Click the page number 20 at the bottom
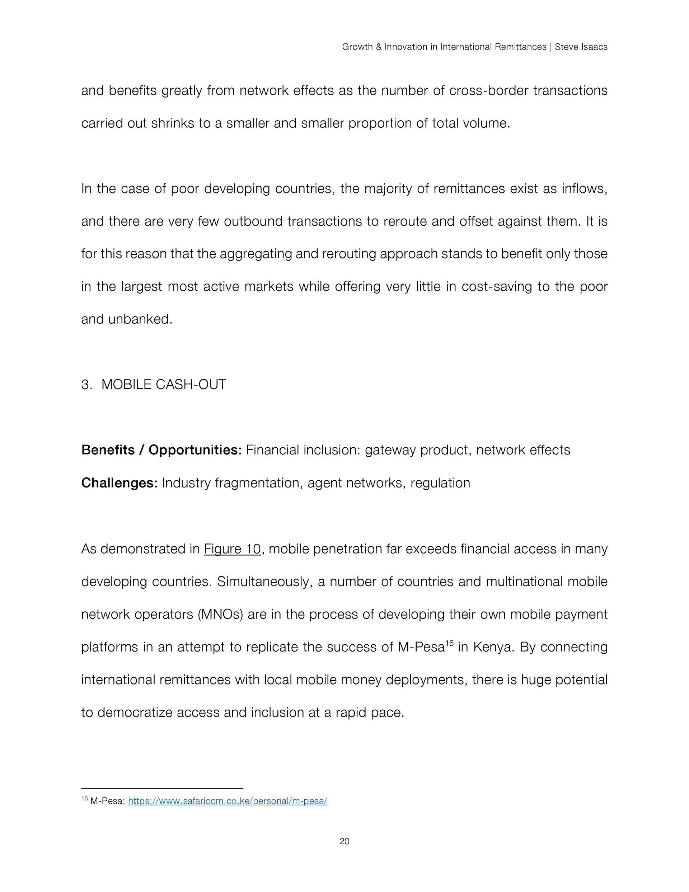pos(344,841)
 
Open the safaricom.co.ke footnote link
pos(228,801)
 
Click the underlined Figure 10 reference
pos(232,549)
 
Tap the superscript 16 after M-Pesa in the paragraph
pos(449,643)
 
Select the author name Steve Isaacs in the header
pos(581,47)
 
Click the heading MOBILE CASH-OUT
pos(163,385)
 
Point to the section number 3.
pos(86,385)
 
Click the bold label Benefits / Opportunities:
pos(161,450)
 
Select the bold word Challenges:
pos(119,483)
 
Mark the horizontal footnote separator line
pos(162,788)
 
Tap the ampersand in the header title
pos(378,47)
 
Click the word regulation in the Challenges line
pos(440,483)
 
